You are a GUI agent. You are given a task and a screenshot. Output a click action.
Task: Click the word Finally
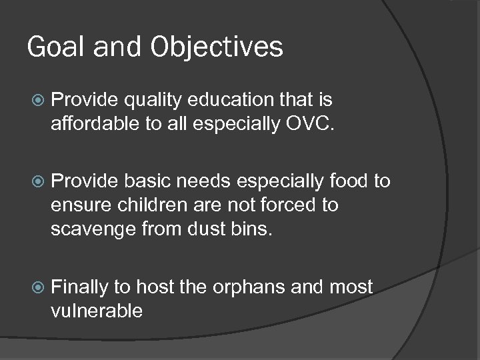pyautogui.click(x=79, y=287)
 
